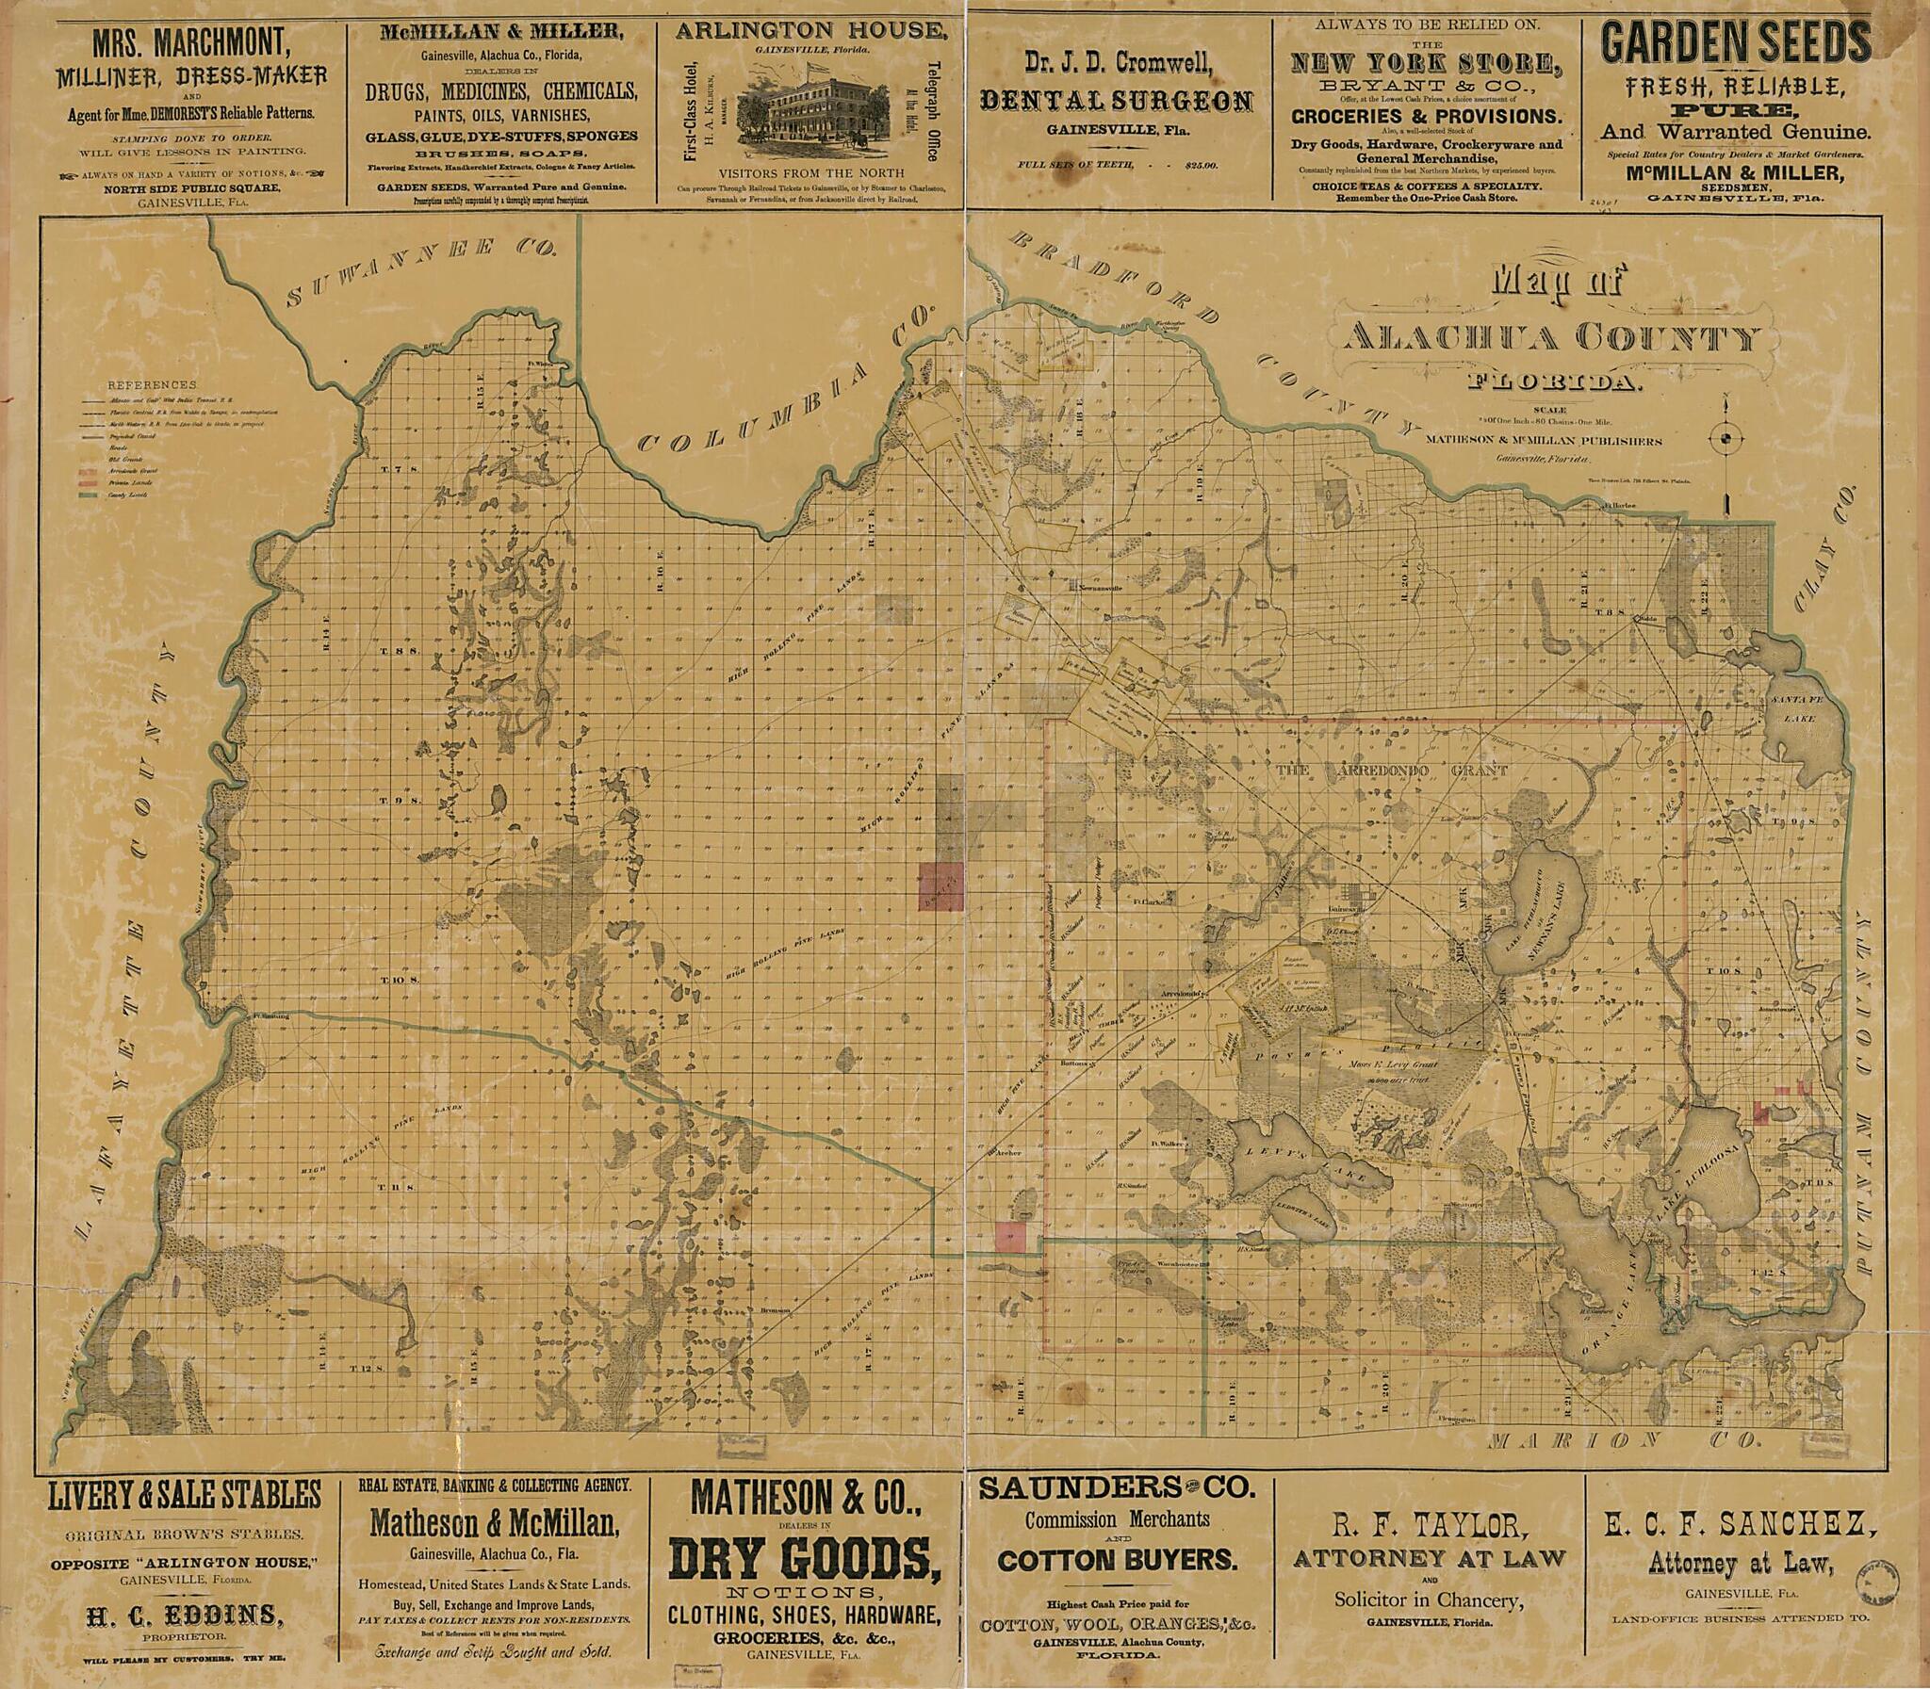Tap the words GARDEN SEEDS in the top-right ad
[1736, 43]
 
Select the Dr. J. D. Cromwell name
[1119, 63]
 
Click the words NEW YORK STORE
[1426, 64]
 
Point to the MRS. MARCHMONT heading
[189, 42]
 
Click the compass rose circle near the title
[1726, 438]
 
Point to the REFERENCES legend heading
[152, 385]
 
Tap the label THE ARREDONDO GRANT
[1392, 771]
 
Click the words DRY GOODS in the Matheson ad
[804, 1560]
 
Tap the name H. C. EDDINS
[185, 1616]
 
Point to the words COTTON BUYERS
[1117, 1560]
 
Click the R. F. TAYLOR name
[1430, 1524]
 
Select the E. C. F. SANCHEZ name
[1740, 1523]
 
